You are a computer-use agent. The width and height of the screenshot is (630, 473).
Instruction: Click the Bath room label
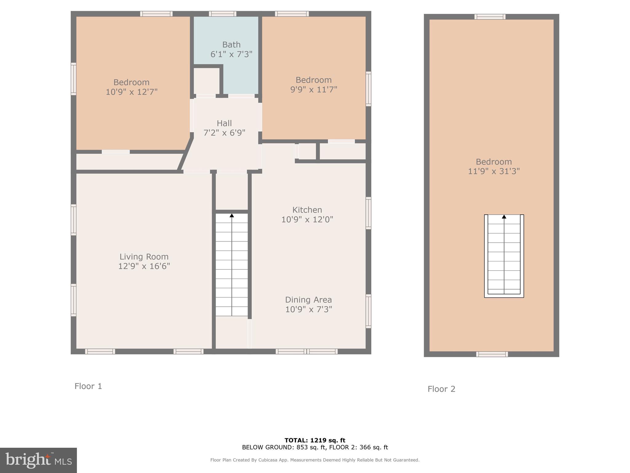pyautogui.click(x=231, y=45)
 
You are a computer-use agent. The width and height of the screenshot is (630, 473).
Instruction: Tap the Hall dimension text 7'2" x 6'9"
pyautogui.click(x=224, y=133)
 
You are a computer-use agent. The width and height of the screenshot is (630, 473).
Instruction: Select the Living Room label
pyautogui.click(x=144, y=257)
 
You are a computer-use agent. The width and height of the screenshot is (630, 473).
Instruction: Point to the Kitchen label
pyautogui.click(x=307, y=210)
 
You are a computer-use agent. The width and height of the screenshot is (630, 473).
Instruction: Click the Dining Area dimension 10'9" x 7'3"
pyautogui.click(x=309, y=309)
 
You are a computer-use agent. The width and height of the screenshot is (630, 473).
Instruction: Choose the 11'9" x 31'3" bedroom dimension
pyautogui.click(x=494, y=172)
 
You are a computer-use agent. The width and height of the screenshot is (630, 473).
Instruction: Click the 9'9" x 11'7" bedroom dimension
pyautogui.click(x=313, y=90)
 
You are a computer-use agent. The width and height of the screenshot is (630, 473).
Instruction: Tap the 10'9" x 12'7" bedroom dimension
pyautogui.click(x=132, y=92)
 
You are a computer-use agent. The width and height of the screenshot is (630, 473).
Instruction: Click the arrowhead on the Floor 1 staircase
pyautogui.click(x=232, y=216)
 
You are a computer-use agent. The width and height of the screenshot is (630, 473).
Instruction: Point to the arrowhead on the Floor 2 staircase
pyautogui.click(x=504, y=217)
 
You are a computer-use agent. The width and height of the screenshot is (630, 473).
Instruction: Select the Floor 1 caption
pyautogui.click(x=88, y=386)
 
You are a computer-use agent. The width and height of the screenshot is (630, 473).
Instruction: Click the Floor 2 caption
pyautogui.click(x=441, y=389)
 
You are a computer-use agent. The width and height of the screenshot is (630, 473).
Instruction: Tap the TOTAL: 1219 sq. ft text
pyautogui.click(x=315, y=440)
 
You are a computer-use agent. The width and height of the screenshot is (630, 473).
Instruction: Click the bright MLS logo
pyautogui.click(x=38, y=460)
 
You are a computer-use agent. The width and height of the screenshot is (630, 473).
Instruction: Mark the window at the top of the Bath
pyautogui.click(x=222, y=14)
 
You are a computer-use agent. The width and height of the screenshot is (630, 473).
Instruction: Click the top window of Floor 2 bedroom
pyautogui.click(x=490, y=17)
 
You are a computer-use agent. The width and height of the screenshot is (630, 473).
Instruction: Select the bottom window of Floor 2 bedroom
pyautogui.click(x=492, y=354)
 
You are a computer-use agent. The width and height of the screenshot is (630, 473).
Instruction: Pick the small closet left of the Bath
pyautogui.click(x=206, y=81)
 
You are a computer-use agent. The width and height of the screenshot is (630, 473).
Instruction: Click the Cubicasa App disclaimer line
pyautogui.click(x=315, y=460)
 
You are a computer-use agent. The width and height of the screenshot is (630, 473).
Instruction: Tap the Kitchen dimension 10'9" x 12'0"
pyautogui.click(x=307, y=220)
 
